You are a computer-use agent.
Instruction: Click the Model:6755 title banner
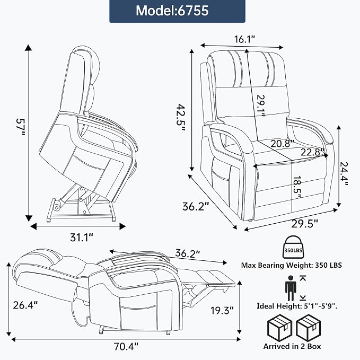pos(177,11)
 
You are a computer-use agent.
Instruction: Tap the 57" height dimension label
pos(20,127)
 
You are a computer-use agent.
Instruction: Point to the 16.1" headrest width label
pos(245,39)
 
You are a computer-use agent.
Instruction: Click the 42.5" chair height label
pos(181,118)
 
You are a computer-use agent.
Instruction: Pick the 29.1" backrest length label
pos(261,106)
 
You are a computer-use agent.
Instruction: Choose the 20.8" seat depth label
pos(282,144)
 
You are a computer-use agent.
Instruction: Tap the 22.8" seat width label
pos(312,152)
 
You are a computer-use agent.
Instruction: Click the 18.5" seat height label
pos(297,187)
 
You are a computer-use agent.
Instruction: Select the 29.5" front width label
pos(305,224)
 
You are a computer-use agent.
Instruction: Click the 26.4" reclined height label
pos(25,305)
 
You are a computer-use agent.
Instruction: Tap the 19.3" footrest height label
pos(222,311)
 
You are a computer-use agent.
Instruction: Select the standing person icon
pos(291,288)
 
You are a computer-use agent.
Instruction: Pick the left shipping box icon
pos(279,328)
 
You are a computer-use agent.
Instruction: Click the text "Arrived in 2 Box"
pos(292,346)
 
